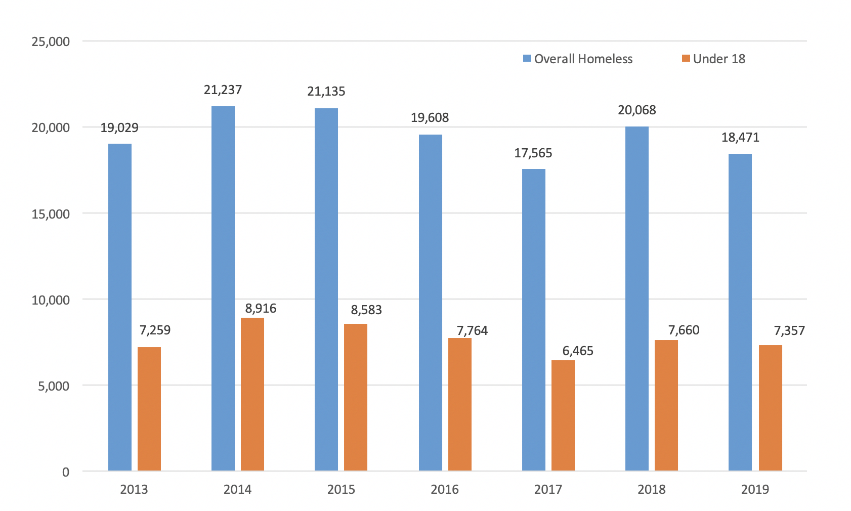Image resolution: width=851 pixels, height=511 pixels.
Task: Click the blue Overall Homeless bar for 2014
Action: [223, 288]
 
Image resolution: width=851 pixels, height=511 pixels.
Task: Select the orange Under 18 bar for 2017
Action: [563, 415]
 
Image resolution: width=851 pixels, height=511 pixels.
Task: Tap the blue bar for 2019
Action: [740, 312]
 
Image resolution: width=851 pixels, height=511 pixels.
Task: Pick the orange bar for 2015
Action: [356, 397]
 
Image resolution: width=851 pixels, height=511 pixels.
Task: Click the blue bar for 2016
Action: [430, 303]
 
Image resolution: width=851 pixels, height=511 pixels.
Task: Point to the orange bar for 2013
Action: [149, 409]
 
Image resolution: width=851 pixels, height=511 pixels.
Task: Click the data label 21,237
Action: [223, 90]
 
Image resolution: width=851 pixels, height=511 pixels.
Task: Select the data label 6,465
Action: [578, 351]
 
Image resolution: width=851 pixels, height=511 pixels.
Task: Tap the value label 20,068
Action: [636, 110]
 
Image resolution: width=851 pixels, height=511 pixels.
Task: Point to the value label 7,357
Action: [789, 331]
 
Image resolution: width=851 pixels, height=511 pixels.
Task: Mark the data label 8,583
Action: [366, 310]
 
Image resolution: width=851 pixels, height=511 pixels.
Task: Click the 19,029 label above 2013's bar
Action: [119, 127]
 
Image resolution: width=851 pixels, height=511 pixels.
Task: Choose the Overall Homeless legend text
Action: [583, 59]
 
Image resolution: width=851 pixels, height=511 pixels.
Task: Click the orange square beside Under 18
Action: [686, 59]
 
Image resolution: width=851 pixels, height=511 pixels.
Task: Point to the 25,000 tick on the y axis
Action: [50, 41]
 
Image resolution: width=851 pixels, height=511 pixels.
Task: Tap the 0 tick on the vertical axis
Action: [65, 472]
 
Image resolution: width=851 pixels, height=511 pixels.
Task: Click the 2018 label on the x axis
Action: [652, 490]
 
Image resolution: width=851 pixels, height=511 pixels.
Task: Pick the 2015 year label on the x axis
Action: [341, 490]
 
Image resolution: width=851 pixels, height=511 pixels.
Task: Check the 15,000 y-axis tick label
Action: [50, 214]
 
